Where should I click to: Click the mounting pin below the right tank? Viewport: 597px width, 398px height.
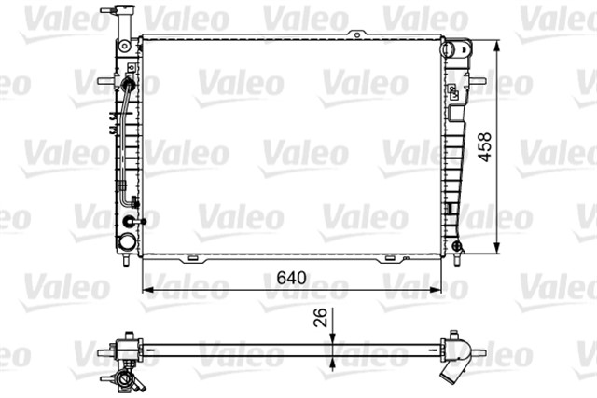click(x=457, y=254)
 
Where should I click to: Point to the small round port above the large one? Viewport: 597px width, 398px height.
click(x=129, y=222)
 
